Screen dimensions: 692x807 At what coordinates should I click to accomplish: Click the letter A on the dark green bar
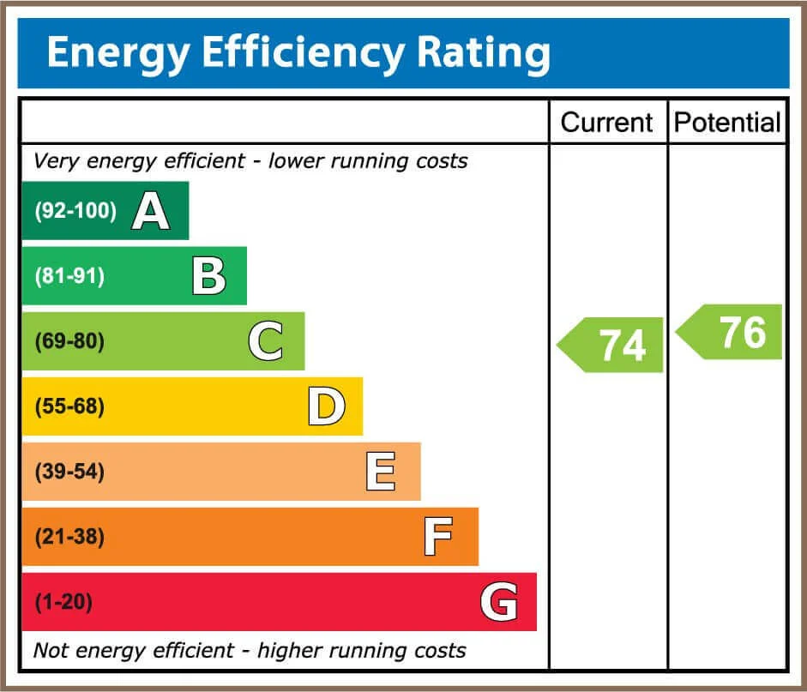[x=150, y=212]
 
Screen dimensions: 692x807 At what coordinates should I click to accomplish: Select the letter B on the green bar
[x=208, y=277]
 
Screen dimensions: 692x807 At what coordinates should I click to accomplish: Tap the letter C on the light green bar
[x=266, y=342]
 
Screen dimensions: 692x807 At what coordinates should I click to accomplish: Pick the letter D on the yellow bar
[x=326, y=406]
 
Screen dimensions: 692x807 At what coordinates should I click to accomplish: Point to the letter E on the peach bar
[x=381, y=472]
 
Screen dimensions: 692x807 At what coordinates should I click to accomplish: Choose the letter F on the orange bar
[x=438, y=537]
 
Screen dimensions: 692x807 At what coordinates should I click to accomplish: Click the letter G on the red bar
[x=498, y=602]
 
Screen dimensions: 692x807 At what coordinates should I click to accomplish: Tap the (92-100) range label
[x=75, y=212]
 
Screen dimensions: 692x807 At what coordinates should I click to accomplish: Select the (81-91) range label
[x=69, y=277]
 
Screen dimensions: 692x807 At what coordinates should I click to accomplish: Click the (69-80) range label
[x=69, y=342]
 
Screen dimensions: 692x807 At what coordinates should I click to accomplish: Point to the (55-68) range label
[x=69, y=406]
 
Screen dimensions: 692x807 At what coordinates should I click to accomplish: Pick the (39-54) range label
[x=69, y=472]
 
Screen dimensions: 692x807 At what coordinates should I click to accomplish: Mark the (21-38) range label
[x=69, y=537]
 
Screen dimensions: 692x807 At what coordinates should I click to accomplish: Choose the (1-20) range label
[x=63, y=602]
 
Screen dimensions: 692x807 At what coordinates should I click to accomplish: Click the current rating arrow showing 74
[x=612, y=345]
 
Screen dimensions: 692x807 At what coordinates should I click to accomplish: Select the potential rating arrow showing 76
[x=732, y=332]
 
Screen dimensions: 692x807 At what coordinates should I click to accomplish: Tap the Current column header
[x=607, y=123]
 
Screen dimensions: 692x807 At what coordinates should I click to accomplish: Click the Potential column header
[x=727, y=123]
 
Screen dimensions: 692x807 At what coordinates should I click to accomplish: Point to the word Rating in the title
[x=484, y=53]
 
